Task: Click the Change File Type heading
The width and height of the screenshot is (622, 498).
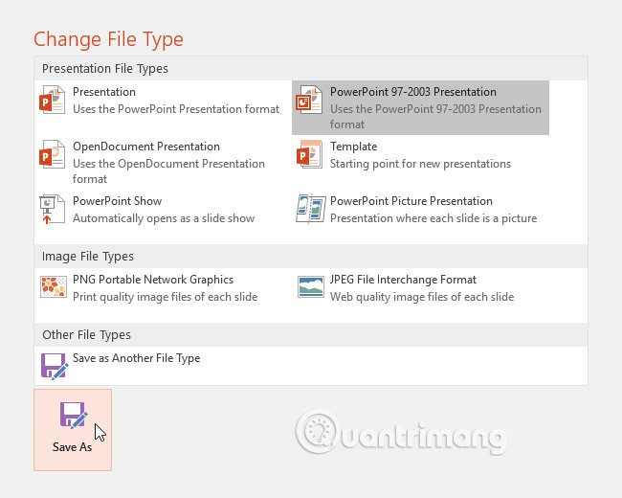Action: tap(108, 39)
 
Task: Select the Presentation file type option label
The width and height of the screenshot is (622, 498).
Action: tap(104, 92)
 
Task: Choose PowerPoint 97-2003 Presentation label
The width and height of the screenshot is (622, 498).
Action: tap(413, 92)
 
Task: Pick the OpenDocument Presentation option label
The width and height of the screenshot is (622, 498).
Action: tap(146, 147)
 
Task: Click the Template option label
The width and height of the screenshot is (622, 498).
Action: tap(354, 147)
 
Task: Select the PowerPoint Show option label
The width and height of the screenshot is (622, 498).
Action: tap(118, 201)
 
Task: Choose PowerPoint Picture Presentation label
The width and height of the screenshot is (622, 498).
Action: tap(411, 201)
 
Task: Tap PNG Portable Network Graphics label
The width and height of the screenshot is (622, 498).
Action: tap(153, 280)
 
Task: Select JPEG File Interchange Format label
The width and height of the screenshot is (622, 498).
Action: tap(404, 280)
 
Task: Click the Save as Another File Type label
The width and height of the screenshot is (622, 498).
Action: tap(137, 358)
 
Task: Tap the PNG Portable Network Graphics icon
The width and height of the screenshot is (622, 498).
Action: tap(53, 287)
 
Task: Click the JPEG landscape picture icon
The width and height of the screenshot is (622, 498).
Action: tap(310, 287)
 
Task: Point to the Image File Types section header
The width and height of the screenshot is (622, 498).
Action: tap(88, 257)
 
